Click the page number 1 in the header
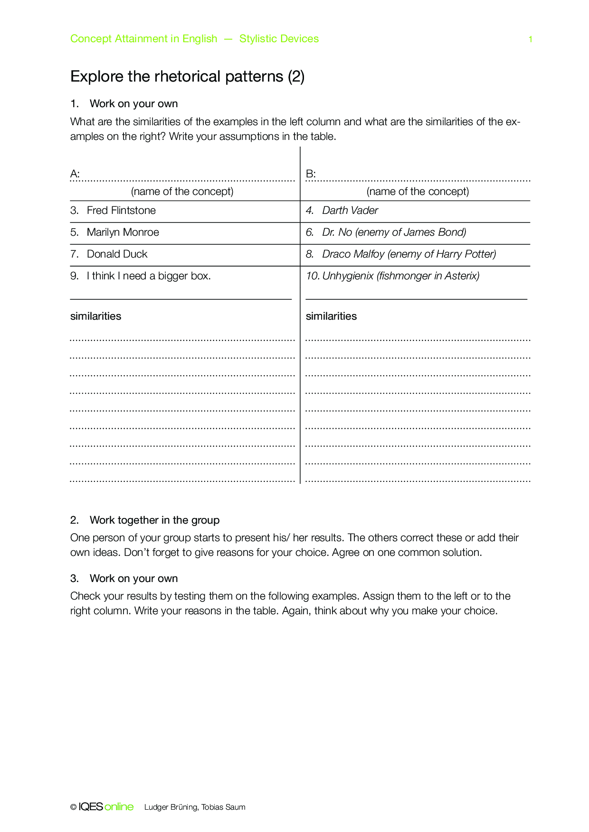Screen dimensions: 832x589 pos(530,39)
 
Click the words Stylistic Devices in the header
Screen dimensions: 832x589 pos(279,39)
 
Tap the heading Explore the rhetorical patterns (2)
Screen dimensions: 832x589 pos(187,76)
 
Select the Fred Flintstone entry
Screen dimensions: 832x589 pos(121,211)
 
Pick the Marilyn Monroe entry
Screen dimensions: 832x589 pos(123,232)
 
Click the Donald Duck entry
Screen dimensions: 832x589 pos(117,254)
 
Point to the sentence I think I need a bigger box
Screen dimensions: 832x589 pos(149,276)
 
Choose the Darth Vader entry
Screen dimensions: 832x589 pos(350,211)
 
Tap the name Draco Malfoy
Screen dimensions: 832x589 pos(353,254)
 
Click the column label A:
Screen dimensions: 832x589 pos(75,174)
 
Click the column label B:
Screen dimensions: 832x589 pos(311,174)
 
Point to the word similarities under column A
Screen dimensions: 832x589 pos(95,316)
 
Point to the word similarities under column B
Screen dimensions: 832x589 pos(331,316)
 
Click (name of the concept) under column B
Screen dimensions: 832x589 pos(418,192)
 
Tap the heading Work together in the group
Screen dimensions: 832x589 pos(154,520)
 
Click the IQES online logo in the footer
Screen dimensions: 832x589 pos(105,807)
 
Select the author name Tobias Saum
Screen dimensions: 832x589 pos(223,807)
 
